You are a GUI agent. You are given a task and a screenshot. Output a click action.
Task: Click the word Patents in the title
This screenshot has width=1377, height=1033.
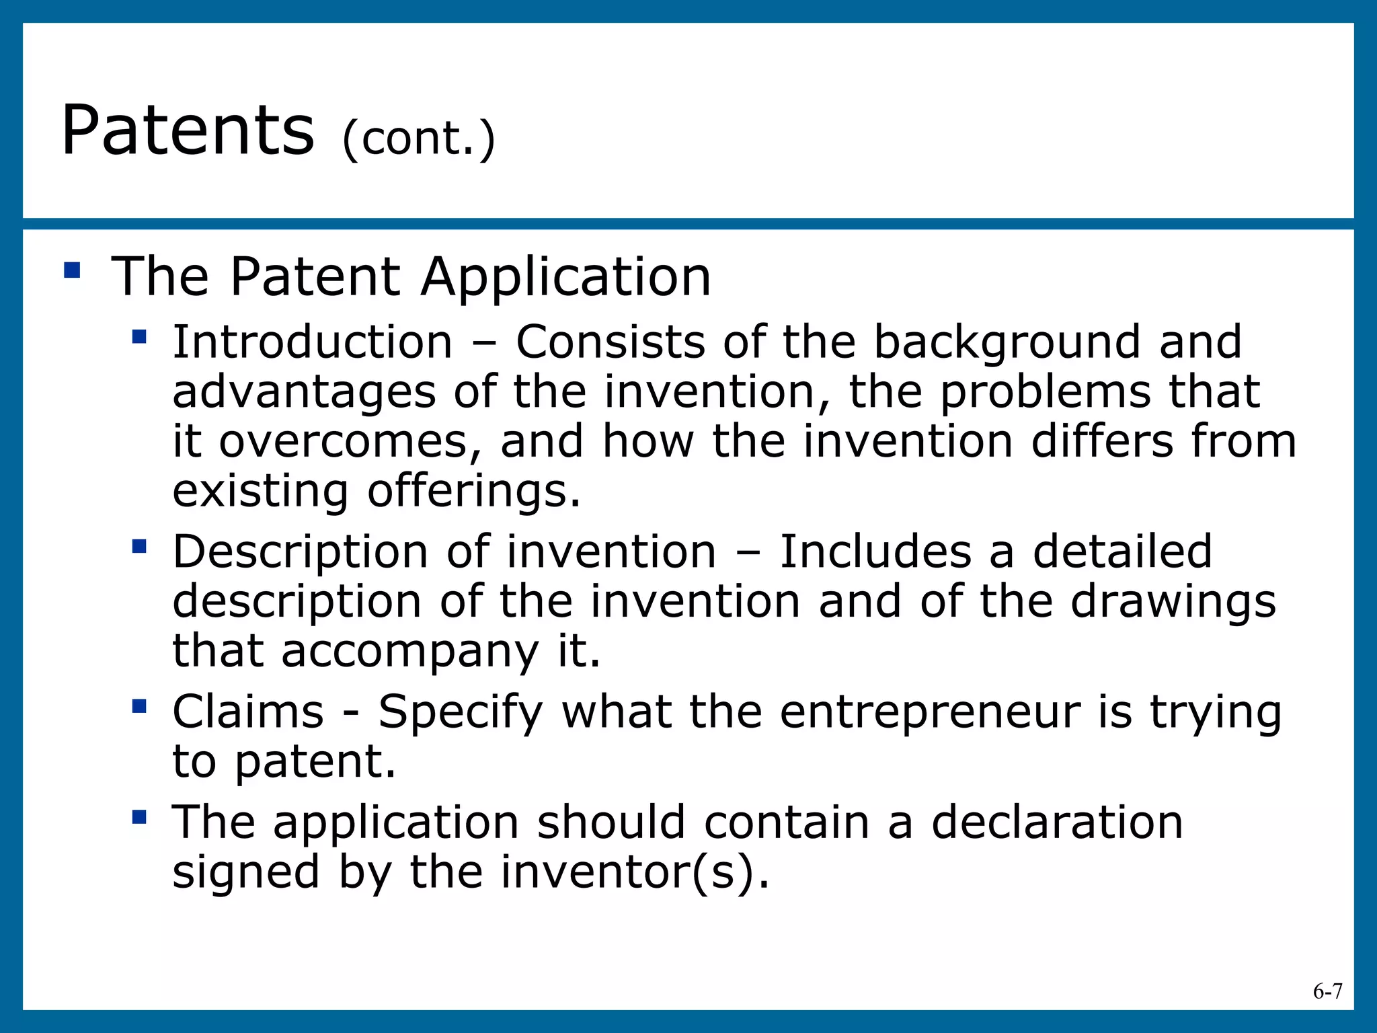pos(188,130)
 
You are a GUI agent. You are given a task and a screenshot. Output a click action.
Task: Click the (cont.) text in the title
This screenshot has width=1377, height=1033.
pos(418,139)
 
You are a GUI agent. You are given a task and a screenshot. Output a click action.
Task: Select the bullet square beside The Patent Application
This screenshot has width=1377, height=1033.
pos(72,270)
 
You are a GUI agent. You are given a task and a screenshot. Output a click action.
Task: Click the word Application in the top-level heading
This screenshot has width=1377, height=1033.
pos(565,277)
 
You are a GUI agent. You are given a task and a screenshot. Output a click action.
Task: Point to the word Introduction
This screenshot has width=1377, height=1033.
pos(313,342)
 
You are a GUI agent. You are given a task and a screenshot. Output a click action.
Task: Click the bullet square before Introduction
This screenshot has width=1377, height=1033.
pos(139,336)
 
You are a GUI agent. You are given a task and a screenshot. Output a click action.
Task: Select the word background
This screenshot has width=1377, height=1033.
pos(1007,343)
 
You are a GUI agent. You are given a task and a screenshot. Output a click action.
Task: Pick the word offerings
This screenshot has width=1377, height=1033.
pos(473,491)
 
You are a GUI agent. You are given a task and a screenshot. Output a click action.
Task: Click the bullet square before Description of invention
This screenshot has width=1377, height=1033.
pos(139,545)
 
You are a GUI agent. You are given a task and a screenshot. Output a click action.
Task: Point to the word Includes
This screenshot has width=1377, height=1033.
pos(875,551)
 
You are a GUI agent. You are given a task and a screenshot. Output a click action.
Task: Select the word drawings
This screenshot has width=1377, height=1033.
pos(1173,601)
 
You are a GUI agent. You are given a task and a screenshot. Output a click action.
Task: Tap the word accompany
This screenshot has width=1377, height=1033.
pos(410,651)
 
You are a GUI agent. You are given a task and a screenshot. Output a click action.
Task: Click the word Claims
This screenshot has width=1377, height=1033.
pos(248,712)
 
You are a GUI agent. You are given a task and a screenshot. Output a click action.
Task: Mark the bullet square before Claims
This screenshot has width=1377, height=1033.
pos(139,706)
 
